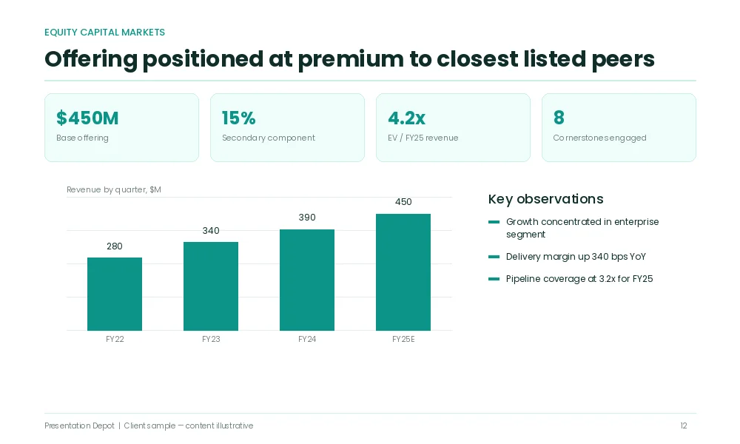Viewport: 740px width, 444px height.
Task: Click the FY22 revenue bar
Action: (x=115, y=294)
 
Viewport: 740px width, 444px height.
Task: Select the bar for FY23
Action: (x=211, y=286)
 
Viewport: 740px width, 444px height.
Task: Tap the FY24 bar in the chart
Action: (x=307, y=280)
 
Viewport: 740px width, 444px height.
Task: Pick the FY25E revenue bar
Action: (x=403, y=272)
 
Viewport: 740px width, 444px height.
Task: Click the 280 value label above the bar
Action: (x=115, y=246)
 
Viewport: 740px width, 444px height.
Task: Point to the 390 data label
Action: (x=307, y=218)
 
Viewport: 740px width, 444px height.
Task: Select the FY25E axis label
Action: (x=403, y=339)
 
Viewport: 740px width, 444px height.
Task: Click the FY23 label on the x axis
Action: (x=211, y=339)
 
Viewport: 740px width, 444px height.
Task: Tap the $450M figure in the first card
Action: (x=87, y=118)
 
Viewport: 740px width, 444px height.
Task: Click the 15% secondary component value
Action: (x=239, y=118)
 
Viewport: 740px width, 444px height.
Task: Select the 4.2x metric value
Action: (x=407, y=118)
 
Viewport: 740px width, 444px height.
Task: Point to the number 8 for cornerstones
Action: (x=559, y=118)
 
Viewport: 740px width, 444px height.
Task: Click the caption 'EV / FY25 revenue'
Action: (x=423, y=138)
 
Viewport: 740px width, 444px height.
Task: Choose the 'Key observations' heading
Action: (x=546, y=199)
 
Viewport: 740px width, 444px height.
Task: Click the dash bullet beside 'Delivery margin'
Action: (x=494, y=257)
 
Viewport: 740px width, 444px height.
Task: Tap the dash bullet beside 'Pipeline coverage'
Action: (x=494, y=279)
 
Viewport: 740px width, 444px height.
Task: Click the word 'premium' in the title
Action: (x=351, y=60)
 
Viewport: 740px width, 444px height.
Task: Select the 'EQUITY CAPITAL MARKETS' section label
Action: (x=105, y=33)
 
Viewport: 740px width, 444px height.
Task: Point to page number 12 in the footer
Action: (x=684, y=425)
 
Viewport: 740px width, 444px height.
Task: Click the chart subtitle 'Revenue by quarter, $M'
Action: (x=114, y=189)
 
